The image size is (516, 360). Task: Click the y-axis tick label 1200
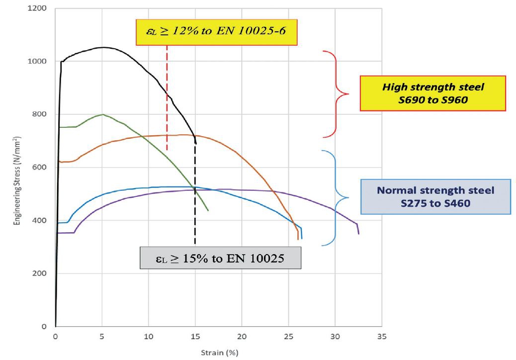click(x=39, y=8)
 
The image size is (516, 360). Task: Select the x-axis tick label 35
click(x=381, y=336)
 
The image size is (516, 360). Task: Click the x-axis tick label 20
click(x=242, y=336)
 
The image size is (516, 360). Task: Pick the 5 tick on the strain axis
click(x=102, y=336)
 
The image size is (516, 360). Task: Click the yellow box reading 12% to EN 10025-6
click(x=216, y=33)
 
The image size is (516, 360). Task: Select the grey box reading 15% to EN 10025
click(x=221, y=257)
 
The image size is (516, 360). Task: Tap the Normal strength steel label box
click(x=435, y=196)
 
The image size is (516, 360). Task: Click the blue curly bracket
click(x=337, y=197)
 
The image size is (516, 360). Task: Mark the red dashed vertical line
click(x=167, y=99)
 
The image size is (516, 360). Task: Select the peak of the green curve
click(x=102, y=114)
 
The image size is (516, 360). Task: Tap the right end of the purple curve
click(x=358, y=233)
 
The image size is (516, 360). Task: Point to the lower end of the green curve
click(x=208, y=210)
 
